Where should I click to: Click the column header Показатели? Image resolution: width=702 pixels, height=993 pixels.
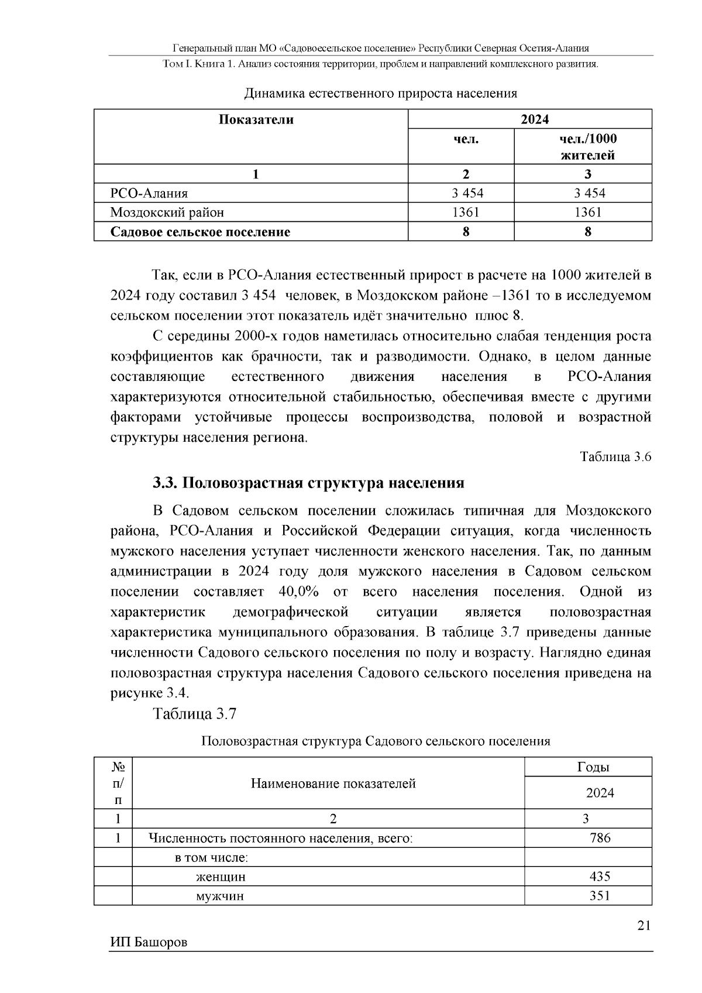(256, 120)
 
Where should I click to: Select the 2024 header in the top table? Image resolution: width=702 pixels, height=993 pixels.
(535, 119)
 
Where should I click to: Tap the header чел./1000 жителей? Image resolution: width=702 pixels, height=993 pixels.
(587, 147)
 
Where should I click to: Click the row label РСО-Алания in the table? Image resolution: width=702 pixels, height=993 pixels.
(149, 193)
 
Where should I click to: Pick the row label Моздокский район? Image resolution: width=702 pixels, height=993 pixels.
(167, 212)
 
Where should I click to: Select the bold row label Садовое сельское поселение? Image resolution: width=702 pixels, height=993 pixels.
(201, 232)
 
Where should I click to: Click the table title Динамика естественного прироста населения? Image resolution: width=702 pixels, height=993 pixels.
(380, 93)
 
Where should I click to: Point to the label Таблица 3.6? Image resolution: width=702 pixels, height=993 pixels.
(615, 457)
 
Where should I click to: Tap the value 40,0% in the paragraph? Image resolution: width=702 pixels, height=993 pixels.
(298, 592)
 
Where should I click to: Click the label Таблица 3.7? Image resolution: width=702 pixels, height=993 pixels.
(194, 714)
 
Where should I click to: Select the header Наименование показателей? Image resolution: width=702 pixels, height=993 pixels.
(333, 784)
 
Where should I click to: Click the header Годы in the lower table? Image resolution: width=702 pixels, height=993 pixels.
(593, 767)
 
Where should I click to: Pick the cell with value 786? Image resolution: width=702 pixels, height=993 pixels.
(600, 838)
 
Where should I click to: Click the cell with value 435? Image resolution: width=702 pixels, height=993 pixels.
(600, 876)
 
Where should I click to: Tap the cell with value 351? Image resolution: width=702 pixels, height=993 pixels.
(600, 895)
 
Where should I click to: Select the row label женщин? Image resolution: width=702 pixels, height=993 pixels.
(221, 877)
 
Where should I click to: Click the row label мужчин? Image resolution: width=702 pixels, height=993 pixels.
(219, 896)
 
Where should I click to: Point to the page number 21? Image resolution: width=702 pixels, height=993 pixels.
(643, 926)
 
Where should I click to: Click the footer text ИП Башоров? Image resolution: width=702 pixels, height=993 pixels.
(149, 943)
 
